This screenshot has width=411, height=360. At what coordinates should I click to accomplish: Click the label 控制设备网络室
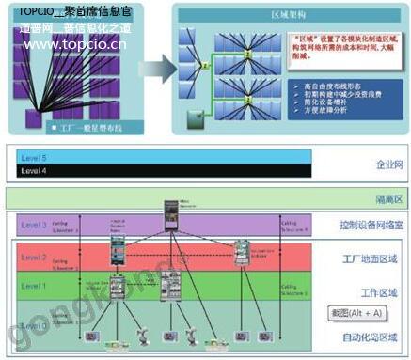point(367,226)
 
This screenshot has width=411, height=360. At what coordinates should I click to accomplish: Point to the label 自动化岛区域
point(371,336)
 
